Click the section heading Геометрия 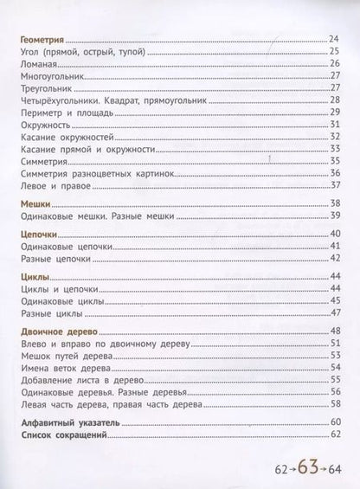(x=42, y=40)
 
